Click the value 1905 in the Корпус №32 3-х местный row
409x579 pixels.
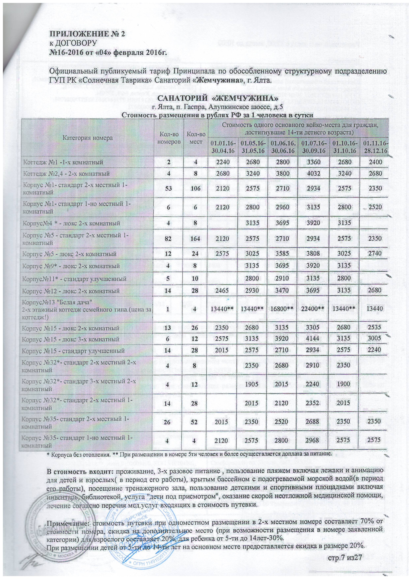click(x=252, y=384)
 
